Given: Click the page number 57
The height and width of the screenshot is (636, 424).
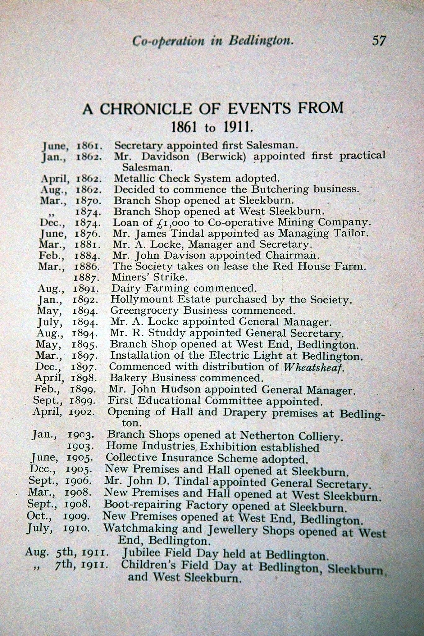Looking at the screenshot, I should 379,41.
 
